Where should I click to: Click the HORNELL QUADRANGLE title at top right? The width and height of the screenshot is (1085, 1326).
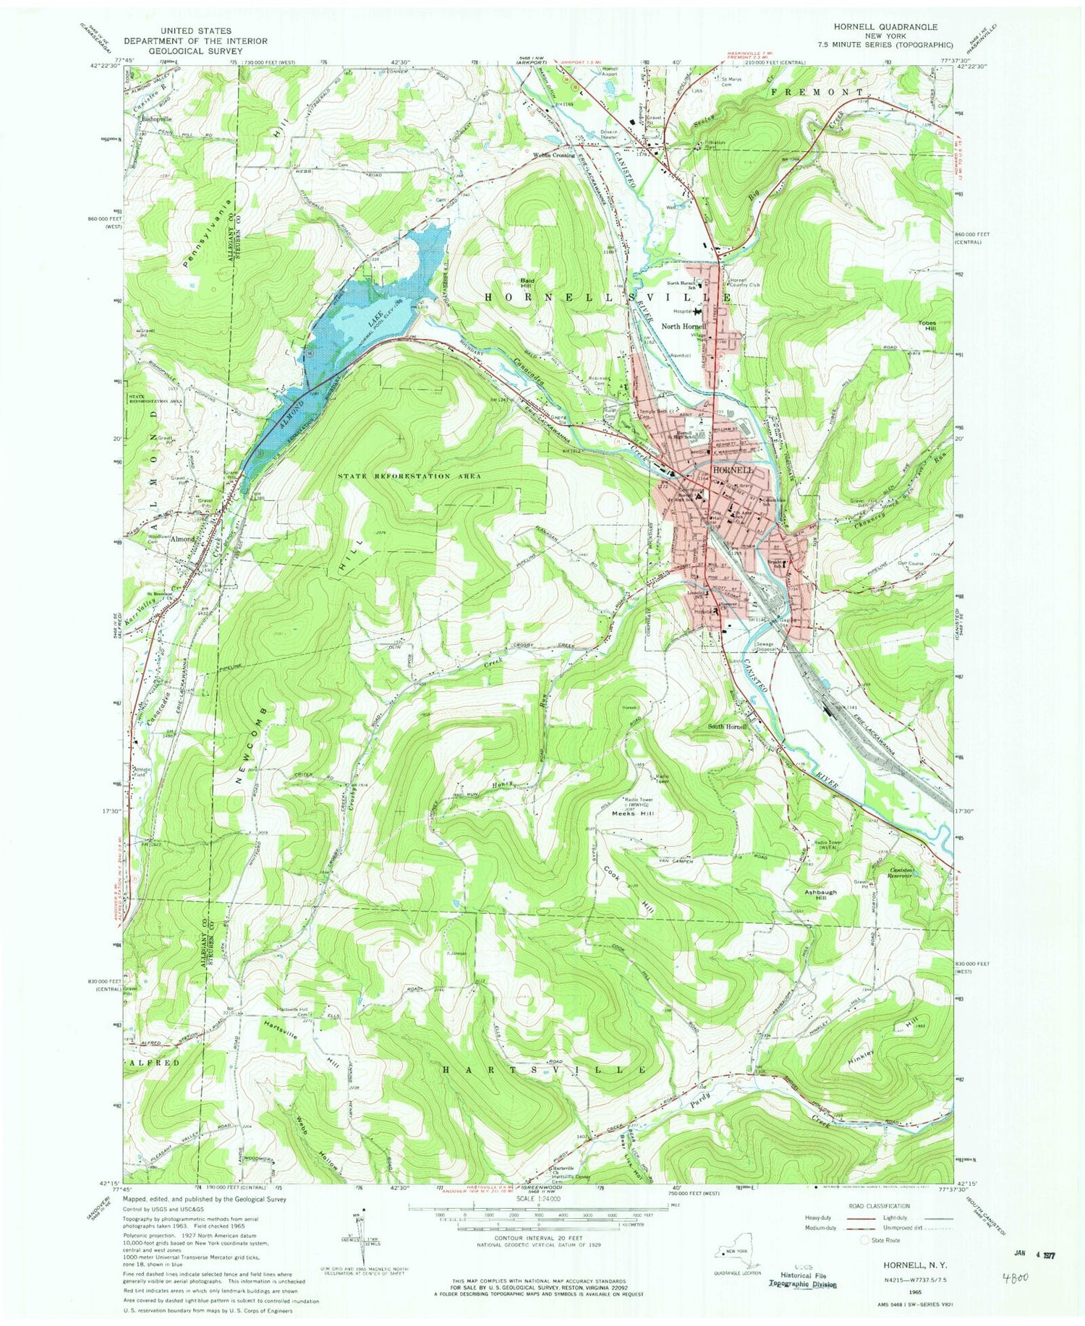[896, 27]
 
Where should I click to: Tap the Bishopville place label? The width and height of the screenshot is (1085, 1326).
[156, 118]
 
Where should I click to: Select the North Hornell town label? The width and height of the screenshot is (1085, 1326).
[684, 326]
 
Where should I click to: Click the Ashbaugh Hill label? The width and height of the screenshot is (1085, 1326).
[820, 895]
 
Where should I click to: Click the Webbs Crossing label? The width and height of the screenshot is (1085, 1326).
[555, 155]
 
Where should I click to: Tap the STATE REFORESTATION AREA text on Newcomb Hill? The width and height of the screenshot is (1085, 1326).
[409, 476]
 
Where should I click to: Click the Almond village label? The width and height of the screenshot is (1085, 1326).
[182, 539]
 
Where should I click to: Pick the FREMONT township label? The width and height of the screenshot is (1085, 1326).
[817, 93]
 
